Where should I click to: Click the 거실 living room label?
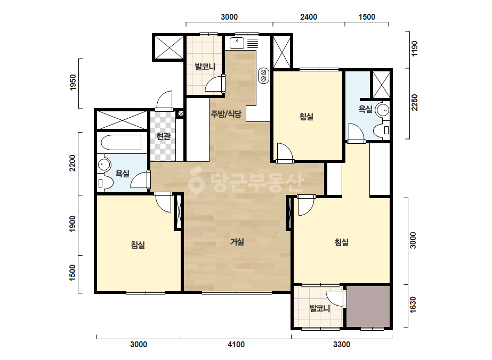point(237,242)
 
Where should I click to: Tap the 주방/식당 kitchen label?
point(226,114)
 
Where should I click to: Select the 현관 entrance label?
point(163,136)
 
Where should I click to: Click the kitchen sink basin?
point(237,43)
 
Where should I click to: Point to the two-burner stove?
point(263,76)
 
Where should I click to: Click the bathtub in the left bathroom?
point(121,143)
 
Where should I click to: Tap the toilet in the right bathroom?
point(382,129)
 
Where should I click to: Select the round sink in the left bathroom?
point(104,165)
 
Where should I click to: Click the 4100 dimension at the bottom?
point(236,345)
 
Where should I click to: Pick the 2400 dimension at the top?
point(309,17)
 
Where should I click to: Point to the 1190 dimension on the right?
point(415,48)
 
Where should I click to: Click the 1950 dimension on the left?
point(73,83)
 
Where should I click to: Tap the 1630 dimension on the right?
point(413,304)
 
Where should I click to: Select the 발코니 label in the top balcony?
point(205,67)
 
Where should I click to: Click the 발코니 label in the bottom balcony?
point(320,308)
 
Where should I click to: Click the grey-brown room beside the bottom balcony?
point(368,306)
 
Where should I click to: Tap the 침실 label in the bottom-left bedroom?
point(138,244)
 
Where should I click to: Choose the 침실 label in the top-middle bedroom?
point(307,117)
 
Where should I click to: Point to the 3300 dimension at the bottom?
point(342,345)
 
